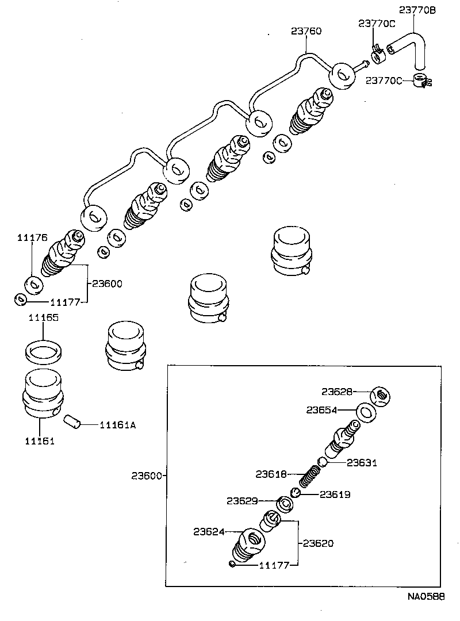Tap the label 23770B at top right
(418, 10)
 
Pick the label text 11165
(43, 317)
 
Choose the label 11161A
(118, 425)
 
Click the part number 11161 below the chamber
(39, 441)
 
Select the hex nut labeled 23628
(380, 396)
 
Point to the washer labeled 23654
(365, 412)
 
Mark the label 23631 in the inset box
(362, 462)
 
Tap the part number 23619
(335, 494)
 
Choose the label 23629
(241, 501)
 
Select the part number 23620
(318, 543)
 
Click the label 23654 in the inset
(322, 410)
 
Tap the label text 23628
(337, 392)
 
